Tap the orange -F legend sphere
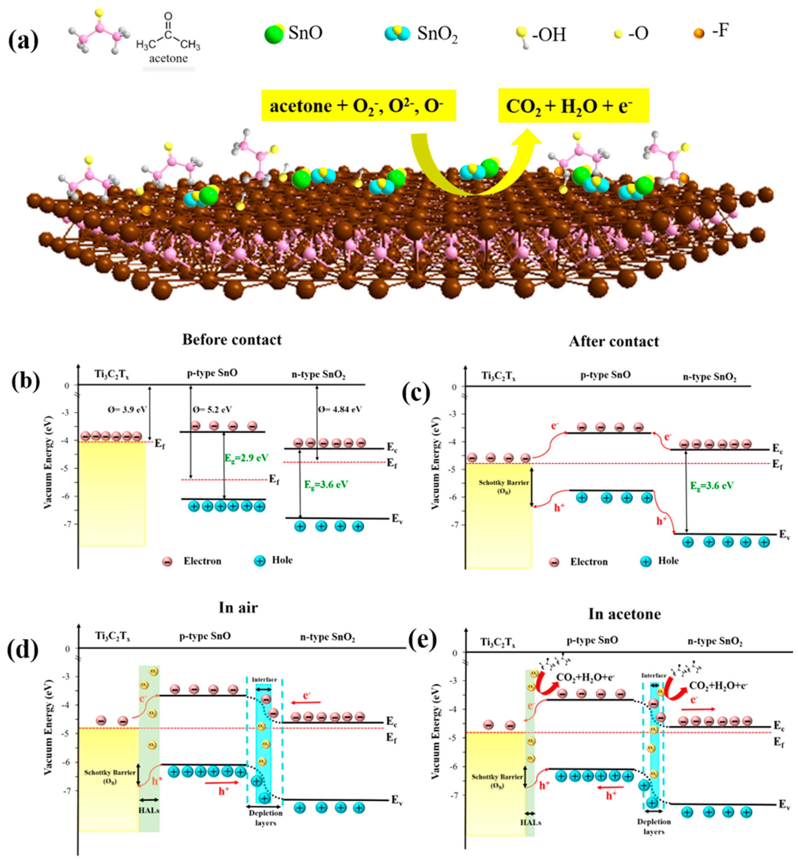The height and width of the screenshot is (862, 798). click(x=699, y=33)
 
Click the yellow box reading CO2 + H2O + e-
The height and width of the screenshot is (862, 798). click(x=573, y=106)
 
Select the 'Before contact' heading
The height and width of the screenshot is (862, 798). click(x=232, y=340)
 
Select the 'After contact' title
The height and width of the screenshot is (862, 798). click(x=614, y=342)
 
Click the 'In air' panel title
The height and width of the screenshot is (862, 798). click(x=238, y=608)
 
